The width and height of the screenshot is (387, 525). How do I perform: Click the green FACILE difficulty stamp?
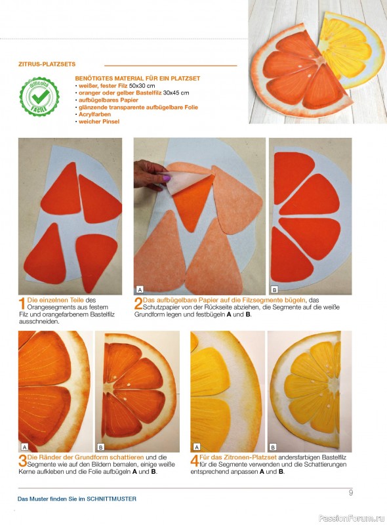(39, 96)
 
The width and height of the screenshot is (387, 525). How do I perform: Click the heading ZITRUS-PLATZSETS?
(47, 64)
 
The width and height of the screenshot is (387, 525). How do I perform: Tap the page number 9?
(350, 493)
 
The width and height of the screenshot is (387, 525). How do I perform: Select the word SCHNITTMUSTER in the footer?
(112, 499)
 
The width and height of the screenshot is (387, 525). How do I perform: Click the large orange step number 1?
(22, 303)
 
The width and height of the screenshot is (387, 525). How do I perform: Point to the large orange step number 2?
(138, 303)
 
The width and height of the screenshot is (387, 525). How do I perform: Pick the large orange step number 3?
(22, 461)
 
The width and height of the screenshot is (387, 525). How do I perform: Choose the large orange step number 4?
(195, 461)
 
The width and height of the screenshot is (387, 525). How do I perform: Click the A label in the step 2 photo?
(140, 289)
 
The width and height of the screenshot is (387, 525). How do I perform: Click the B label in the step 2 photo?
(275, 289)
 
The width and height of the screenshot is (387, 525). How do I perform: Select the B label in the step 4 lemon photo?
(273, 447)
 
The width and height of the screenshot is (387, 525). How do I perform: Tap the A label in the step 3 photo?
(24, 447)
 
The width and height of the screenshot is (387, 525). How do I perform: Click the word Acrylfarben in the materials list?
(94, 114)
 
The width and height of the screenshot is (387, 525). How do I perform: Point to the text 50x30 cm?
(142, 86)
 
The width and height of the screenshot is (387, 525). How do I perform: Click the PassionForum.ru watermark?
(352, 518)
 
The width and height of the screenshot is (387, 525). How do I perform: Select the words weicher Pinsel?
(99, 121)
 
